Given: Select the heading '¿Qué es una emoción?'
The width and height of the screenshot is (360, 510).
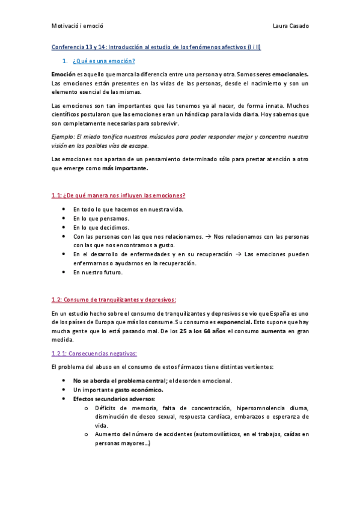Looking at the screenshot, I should (103, 61).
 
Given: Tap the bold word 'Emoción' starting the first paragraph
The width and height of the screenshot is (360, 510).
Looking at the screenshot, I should (64, 73).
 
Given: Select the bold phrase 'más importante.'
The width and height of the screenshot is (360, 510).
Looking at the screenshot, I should (124, 168).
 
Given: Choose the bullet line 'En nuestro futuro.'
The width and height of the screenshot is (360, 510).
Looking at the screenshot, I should (98, 272).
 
